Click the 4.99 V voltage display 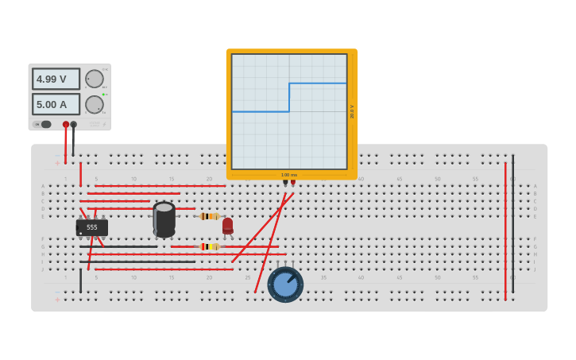coord(56,79)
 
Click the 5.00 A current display coord(56,104)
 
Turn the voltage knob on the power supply coord(95,79)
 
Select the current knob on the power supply coord(95,104)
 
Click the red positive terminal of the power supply coord(66,125)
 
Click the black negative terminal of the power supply coord(74,125)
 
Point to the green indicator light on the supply coord(103,95)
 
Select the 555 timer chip coord(92,227)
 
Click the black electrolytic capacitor coord(164,219)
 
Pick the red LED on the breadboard coord(228,226)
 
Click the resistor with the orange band coord(209,216)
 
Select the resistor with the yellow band coord(209,246)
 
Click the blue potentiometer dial coord(285,284)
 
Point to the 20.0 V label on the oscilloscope coord(352,111)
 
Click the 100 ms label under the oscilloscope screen coord(289,175)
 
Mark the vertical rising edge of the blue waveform coord(289,97)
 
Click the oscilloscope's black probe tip coord(285,183)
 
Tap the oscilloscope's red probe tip coord(293,183)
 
